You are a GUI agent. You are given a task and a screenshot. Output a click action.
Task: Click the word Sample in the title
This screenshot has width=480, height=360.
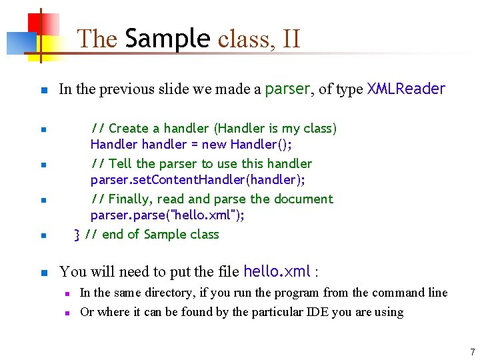tap(167, 39)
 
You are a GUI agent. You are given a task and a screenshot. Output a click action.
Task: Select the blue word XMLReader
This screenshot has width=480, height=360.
tap(406, 89)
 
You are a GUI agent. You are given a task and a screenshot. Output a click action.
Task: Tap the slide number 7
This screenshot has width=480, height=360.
tap(472, 352)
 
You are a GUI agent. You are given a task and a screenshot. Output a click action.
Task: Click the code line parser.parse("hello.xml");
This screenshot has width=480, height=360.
tap(167, 215)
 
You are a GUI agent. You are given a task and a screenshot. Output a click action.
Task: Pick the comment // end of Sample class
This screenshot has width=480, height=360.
tap(153, 234)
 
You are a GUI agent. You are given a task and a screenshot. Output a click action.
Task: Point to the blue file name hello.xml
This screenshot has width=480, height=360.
tap(277, 271)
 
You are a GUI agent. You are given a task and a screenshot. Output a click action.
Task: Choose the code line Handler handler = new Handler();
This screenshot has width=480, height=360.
tap(191, 144)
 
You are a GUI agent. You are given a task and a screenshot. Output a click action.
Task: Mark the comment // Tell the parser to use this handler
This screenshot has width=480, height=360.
tap(201, 163)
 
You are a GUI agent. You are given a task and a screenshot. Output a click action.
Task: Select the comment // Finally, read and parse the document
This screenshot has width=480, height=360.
tap(211, 199)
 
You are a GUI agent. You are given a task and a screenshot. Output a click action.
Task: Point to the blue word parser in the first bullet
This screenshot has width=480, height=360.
tap(288, 89)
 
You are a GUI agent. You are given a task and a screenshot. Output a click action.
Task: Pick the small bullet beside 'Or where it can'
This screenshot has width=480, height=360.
tap(67, 313)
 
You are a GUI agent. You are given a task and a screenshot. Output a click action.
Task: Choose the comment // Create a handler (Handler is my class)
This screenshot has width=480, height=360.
tap(213, 128)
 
